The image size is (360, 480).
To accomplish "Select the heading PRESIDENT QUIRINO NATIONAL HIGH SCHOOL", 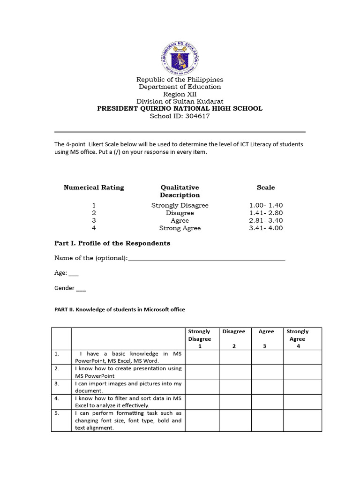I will click(180, 109).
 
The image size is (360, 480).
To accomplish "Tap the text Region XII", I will click(180, 94).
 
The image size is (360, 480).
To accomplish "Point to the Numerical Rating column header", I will click(94, 187).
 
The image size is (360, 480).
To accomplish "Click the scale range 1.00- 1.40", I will click(266, 205).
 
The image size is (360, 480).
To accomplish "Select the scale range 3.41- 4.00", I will click(266, 228).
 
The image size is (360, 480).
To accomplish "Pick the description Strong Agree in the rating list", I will click(180, 228).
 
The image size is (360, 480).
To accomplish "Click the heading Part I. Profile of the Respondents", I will click(112, 243).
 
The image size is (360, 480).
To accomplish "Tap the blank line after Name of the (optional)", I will click(206, 259).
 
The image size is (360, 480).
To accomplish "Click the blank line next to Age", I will click(74, 273).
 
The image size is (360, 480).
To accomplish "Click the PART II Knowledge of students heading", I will click(120, 309).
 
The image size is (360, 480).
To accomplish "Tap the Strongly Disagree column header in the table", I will click(199, 338).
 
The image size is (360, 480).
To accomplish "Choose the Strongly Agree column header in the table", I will click(297, 338).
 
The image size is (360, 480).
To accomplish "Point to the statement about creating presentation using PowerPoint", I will click(128, 372).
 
